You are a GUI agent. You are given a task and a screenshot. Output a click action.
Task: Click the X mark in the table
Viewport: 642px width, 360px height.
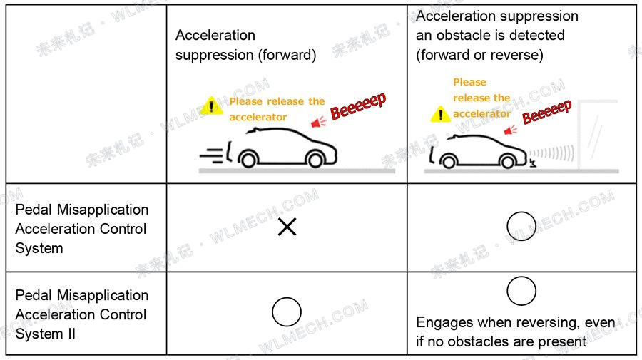pyautogui.click(x=287, y=227)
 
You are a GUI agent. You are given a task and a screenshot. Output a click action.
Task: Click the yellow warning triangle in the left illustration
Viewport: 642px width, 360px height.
pyautogui.click(x=211, y=106)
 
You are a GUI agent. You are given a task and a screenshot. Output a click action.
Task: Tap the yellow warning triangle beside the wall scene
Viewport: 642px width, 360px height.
pyautogui.click(x=441, y=113)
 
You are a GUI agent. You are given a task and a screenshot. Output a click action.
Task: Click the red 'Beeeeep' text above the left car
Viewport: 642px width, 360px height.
pyautogui.click(x=358, y=106)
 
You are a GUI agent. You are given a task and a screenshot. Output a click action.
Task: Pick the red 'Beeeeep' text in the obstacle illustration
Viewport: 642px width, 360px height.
pyautogui.click(x=546, y=111)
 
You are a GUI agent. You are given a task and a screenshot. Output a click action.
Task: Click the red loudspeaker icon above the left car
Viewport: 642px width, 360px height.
pyautogui.click(x=319, y=121)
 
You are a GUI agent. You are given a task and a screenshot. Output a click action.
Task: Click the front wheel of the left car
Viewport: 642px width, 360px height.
pyautogui.click(x=315, y=160)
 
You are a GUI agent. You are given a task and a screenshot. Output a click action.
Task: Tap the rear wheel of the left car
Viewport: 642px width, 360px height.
pyautogui.click(x=248, y=160)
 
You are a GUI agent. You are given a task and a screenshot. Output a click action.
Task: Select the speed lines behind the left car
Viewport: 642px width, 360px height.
pyautogui.click(x=211, y=155)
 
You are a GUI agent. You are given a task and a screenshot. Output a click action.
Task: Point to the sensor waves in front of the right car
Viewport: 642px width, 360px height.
pyautogui.click(x=551, y=154)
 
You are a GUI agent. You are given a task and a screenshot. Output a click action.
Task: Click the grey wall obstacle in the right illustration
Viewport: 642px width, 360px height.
pyautogui.click(x=597, y=135)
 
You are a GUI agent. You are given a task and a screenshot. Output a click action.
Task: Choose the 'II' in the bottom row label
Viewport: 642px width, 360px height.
pyautogui.click(x=71, y=334)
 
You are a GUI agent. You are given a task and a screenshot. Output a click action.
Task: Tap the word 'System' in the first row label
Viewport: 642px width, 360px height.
pyautogui.click(x=39, y=248)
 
